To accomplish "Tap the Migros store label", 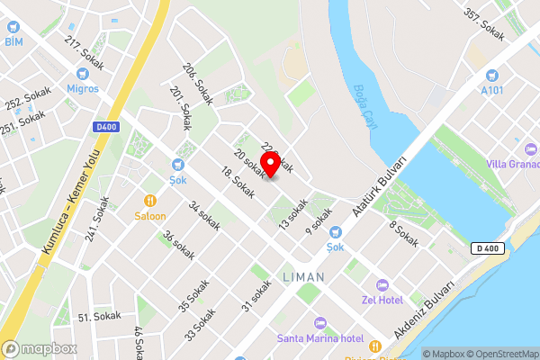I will click(x=82, y=88).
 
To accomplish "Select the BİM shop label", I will click(x=13, y=41).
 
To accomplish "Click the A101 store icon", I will click(x=491, y=76).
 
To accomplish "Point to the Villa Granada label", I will click(x=511, y=163).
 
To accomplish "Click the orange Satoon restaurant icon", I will click(x=150, y=201).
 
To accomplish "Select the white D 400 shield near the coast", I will click(x=484, y=247).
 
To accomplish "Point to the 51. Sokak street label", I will click(x=99, y=317).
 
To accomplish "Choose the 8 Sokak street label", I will click(x=404, y=235).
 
